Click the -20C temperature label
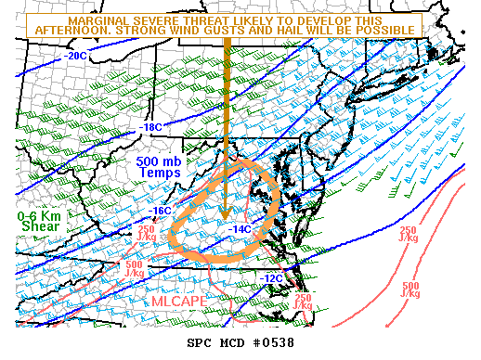point(78,56)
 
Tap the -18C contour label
point(150,127)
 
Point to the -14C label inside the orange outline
point(240,229)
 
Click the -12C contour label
point(271,278)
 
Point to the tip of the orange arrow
point(225,222)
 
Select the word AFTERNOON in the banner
point(72,31)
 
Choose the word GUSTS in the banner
point(240,31)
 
